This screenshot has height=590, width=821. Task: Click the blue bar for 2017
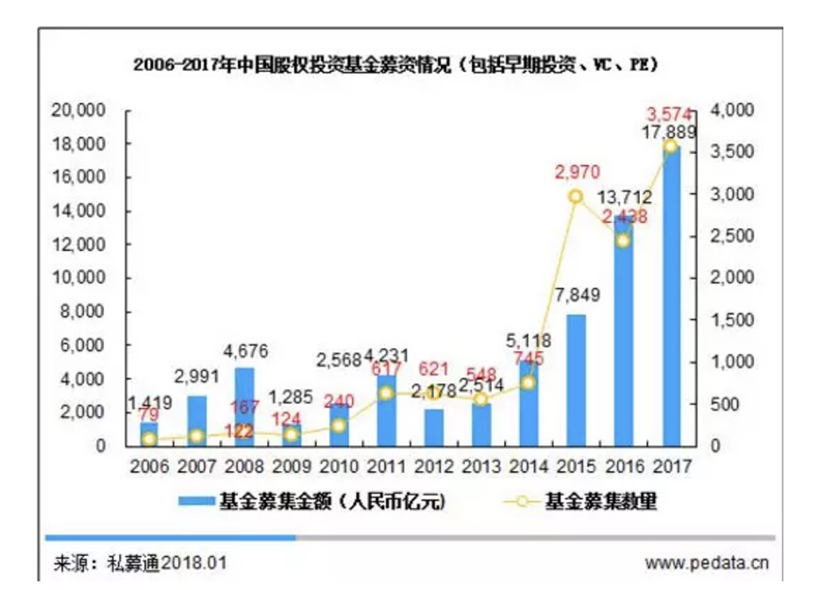(671, 302)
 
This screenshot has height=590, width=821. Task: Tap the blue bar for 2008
(243, 407)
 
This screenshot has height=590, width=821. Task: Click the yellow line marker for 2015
(576, 196)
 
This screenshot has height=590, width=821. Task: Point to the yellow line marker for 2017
(671, 146)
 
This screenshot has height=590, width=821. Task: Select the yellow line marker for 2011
(385, 393)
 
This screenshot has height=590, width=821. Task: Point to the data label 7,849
(575, 295)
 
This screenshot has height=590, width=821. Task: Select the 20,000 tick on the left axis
(78, 110)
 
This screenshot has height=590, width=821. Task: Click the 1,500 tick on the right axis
(729, 320)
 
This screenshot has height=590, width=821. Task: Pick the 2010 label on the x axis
(338, 465)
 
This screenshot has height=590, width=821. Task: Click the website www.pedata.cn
(707, 564)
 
